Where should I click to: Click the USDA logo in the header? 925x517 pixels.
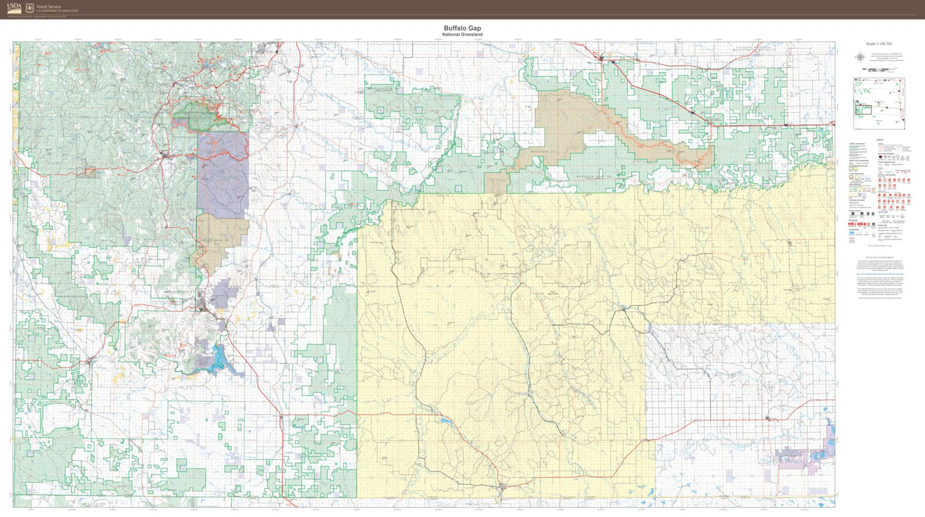coord(14,9)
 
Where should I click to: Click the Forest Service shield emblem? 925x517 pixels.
coord(29,9)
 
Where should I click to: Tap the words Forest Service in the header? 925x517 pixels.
coord(49,7)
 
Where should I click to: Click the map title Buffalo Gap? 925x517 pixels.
coord(462,28)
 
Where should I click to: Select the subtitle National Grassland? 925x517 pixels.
coord(462,35)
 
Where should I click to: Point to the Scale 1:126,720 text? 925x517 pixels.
coord(878,44)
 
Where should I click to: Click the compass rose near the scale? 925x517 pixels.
coord(860,57)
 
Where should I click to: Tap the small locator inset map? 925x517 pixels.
coord(879,95)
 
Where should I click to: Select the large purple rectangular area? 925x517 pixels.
coord(223,173)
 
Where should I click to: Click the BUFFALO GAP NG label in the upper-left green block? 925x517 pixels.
coord(380,89)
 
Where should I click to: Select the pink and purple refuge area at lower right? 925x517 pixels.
coord(802,456)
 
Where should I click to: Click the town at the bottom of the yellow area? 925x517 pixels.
coord(503,486)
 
